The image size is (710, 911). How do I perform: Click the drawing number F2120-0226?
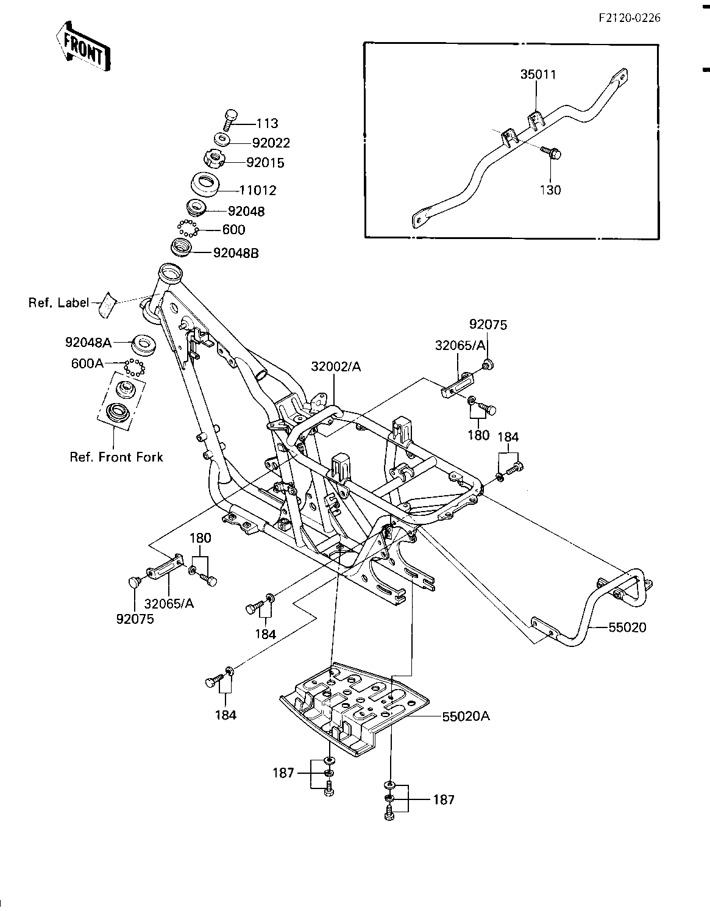coord(629,18)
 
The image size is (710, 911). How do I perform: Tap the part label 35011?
coord(538,74)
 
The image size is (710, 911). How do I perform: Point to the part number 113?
coord(268,124)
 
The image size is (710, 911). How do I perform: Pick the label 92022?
coord(271,143)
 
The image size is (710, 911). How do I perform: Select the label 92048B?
coord(236,253)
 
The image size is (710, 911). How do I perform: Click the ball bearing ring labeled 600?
coord(187,229)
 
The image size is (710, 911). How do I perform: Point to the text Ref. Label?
coord(59,302)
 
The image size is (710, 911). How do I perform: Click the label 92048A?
coord(88,343)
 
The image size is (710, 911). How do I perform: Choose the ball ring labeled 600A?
coord(134,367)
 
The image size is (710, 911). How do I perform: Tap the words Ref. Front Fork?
coord(116,457)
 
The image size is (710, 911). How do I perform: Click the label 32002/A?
coord(336,367)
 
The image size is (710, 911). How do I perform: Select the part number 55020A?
coord(466,716)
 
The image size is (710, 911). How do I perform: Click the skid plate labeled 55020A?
coord(354,709)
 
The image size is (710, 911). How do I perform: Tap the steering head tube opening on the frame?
coord(170,272)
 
